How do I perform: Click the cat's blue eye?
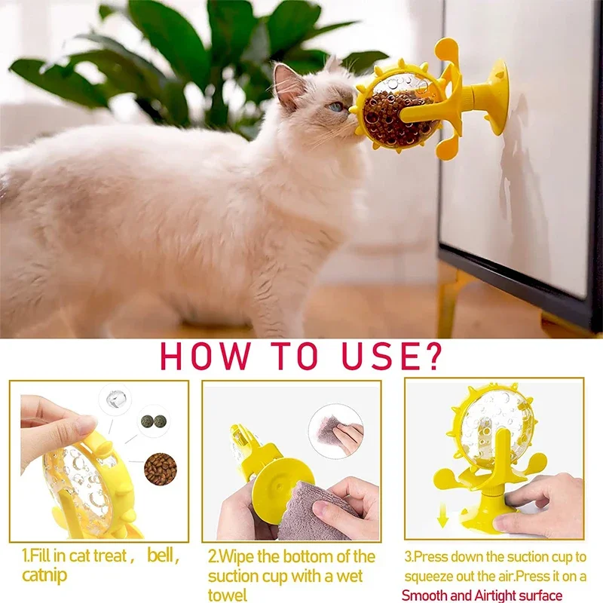click(x=336, y=106)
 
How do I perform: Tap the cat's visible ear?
click(x=287, y=84)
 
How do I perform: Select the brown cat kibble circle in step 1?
click(x=160, y=468)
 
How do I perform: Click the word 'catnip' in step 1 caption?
click(x=45, y=576)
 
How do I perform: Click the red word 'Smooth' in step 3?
click(x=426, y=595)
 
